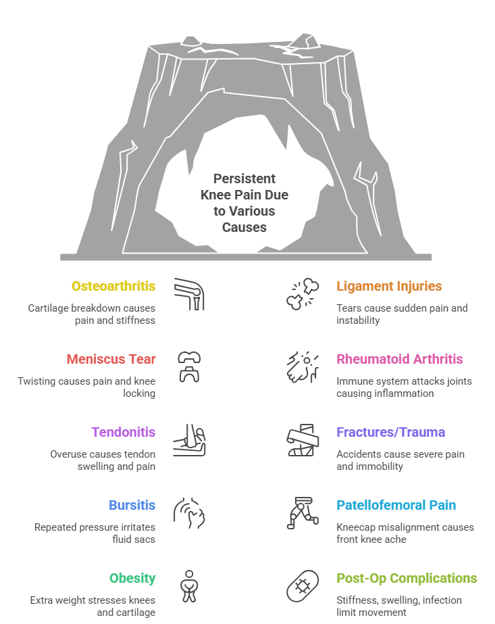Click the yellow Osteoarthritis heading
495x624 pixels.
(113, 286)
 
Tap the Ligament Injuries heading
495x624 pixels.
(389, 286)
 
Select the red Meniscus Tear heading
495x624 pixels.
(111, 359)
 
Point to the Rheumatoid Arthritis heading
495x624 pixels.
(400, 359)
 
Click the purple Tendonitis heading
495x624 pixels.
(124, 432)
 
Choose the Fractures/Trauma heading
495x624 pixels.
(391, 432)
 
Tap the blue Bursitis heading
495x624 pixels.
(132, 505)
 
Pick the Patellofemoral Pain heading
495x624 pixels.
(396, 505)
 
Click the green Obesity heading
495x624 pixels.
(132, 578)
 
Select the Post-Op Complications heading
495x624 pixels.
(407, 578)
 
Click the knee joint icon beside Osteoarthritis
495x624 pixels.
(189, 295)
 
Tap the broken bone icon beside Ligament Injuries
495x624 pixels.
(303, 294)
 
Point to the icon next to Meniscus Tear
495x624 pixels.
(189, 367)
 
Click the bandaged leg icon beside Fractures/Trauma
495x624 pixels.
(303, 440)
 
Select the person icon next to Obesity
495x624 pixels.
(189, 586)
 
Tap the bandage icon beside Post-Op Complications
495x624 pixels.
(303, 586)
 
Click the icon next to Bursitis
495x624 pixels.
(189, 513)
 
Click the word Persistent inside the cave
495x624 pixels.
(244, 178)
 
